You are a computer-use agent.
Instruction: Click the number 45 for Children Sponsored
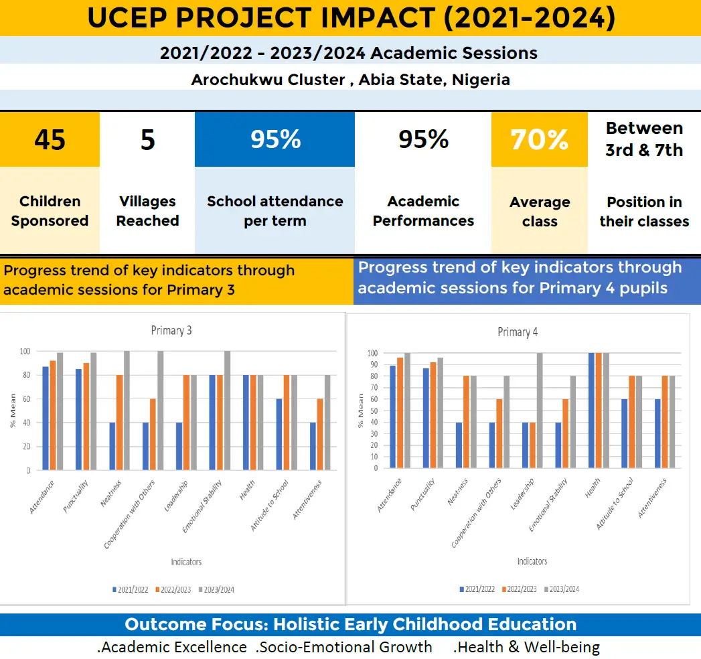[x=50, y=139]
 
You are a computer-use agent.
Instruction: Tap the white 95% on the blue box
[x=275, y=139]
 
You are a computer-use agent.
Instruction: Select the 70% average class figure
[x=540, y=139]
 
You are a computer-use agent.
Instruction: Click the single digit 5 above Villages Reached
[x=147, y=139]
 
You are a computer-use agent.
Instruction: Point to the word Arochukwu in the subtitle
[x=268, y=80]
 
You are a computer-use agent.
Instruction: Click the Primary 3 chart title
[x=171, y=330]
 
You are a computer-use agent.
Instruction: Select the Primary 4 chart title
[x=518, y=332]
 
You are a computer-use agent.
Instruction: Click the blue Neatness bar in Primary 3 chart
[x=112, y=446]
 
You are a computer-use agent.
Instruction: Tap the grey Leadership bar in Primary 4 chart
[x=540, y=411]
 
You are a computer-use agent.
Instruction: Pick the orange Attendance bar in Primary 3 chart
[x=53, y=415]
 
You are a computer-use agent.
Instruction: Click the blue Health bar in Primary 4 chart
[x=591, y=411]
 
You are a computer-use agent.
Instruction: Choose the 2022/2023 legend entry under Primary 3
[x=173, y=590]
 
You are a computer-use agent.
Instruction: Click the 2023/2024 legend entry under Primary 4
[x=562, y=589]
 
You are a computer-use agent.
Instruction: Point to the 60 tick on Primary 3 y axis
[x=26, y=398]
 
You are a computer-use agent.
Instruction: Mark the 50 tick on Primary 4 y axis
[x=374, y=411]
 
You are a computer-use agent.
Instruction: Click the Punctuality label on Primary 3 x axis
[x=76, y=496]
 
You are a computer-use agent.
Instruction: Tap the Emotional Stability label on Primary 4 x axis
[x=548, y=505]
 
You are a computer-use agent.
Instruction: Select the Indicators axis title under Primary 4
[x=532, y=561]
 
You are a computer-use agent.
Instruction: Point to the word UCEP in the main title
[x=127, y=18]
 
